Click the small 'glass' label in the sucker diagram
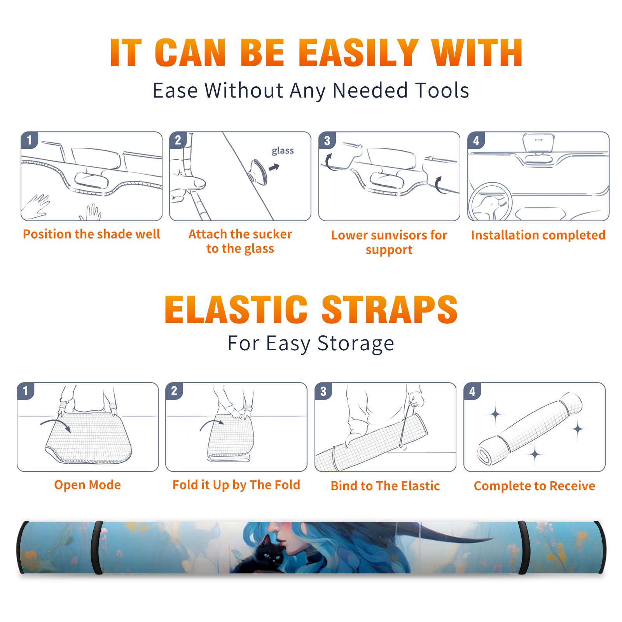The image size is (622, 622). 283,151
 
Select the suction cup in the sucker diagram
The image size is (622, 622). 259,171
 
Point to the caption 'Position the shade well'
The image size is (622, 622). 91,234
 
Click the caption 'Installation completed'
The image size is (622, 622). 538,235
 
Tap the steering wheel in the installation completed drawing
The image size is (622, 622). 490,201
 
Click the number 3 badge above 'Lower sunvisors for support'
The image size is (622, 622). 327,140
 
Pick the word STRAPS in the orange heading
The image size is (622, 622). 390,309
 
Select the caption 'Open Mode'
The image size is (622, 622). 87,485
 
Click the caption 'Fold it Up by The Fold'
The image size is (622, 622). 236,485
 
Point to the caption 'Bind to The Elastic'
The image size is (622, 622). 385,486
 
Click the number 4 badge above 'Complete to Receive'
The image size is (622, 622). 472,391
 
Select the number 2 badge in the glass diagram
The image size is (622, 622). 178,140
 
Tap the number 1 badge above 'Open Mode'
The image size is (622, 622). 25,391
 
